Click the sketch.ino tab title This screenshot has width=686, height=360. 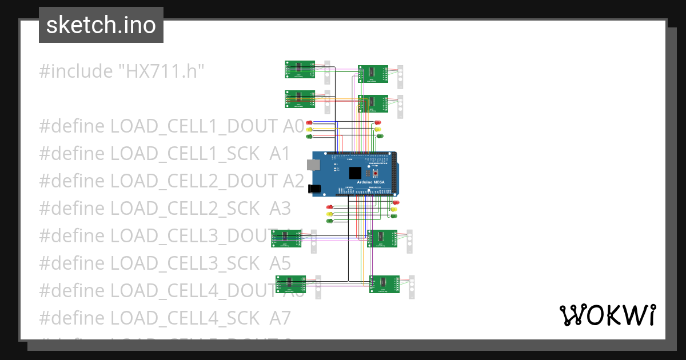pyautogui.click(x=101, y=25)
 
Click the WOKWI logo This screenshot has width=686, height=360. pyautogui.click(x=607, y=315)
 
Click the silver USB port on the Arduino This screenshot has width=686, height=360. pyautogui.click(x=313, y=165)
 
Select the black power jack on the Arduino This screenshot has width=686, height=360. pyautogui.click(x=314, y=187)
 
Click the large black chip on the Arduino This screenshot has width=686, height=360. pyautogui.click(x=356, y=173)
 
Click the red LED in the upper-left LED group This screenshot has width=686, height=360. pyautogui.click(x=309, y=122)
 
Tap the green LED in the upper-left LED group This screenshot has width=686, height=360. pyautogui.click(x=309, y=136)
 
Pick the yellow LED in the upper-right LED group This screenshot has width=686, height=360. pyautogui.click(x=378, y=130)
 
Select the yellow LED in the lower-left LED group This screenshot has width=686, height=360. pyautogui.click(x=329, y=213)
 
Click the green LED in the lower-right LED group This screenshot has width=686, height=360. pyautogui.click(x=394, y=216)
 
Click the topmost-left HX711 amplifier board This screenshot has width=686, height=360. pyautogui.click(x=300, y=69)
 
